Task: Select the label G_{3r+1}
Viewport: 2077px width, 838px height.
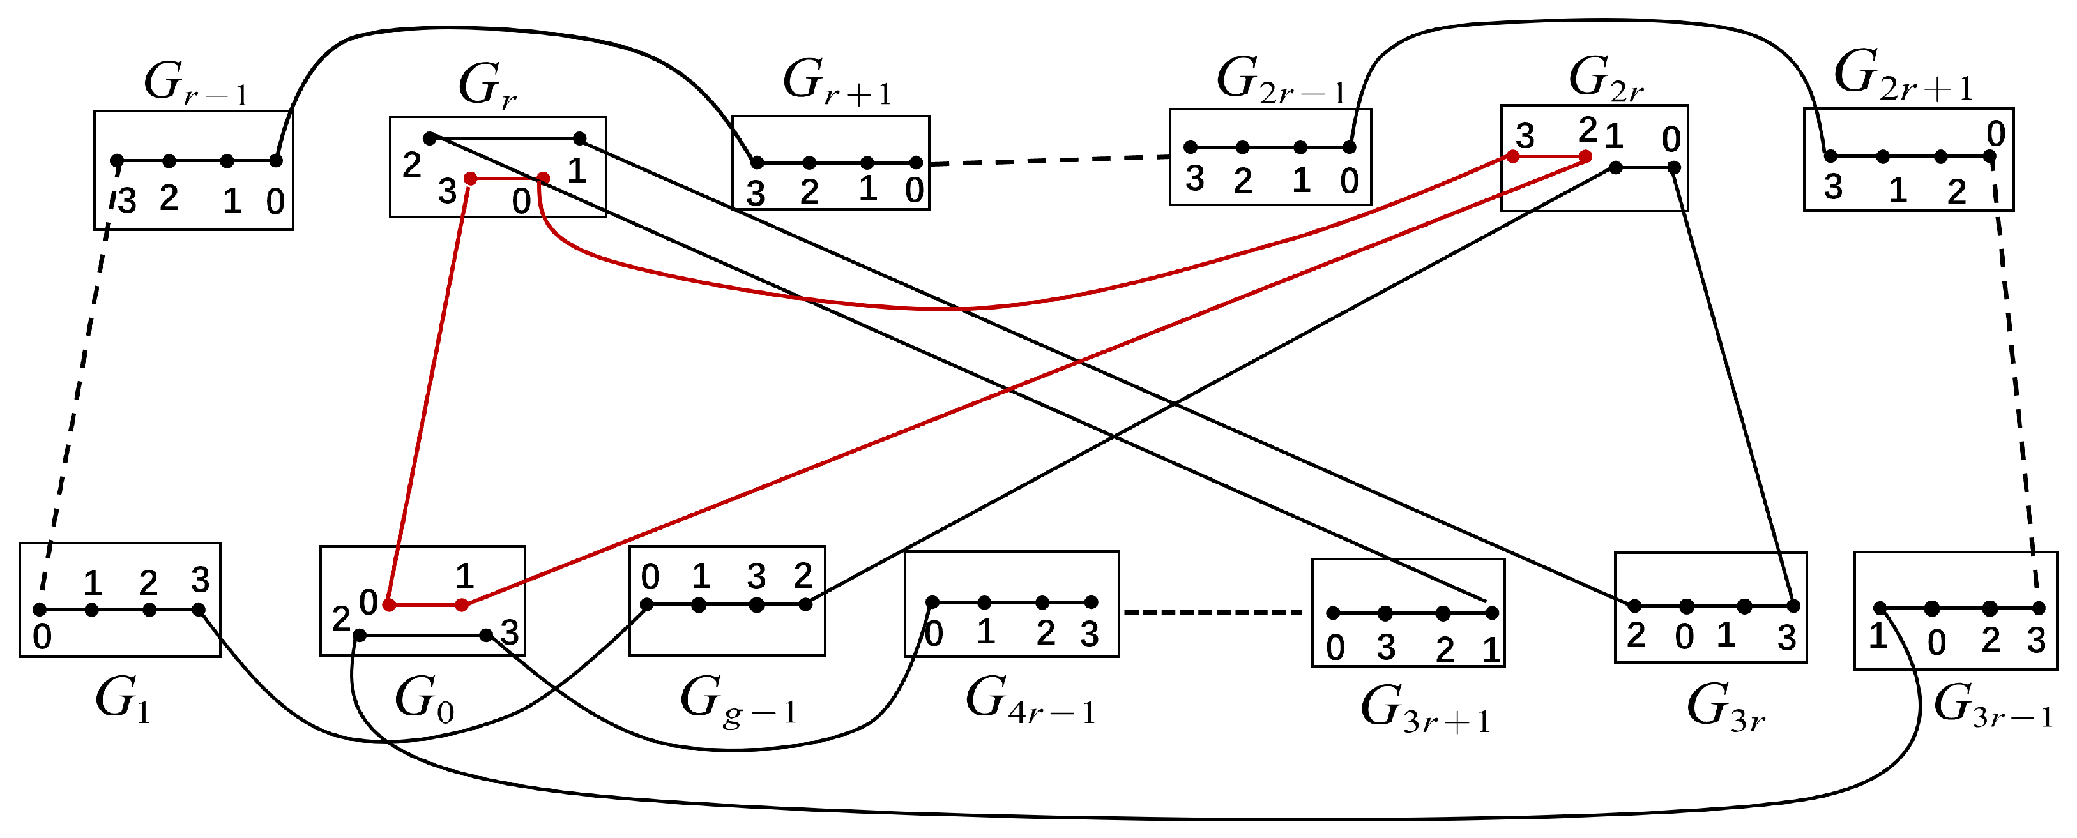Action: click(1425, 709)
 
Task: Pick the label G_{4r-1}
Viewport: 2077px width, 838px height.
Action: click(1030, 700)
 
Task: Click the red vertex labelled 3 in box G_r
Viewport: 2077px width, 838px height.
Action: click(470, 178)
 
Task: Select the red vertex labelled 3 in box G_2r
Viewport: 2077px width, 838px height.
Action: click(1512, 156)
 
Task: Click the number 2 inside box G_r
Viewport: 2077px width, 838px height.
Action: click(411, 165)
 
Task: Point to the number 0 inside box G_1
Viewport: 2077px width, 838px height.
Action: click(42, 636)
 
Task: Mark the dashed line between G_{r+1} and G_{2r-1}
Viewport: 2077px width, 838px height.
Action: click(1049, 160)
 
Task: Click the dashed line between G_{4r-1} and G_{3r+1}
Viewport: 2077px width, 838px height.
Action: click(1213, 613)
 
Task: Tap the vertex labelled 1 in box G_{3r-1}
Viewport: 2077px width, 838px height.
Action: click(1880, 608)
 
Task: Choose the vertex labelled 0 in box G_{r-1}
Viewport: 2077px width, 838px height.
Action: click(276, 160)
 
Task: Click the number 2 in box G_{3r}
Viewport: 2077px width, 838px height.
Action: click(1635, 636)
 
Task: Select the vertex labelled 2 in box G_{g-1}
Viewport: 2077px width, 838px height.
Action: click(805, 604)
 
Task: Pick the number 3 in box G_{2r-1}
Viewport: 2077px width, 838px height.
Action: click(1194, 179)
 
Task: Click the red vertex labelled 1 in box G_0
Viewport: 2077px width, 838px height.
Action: click(462, 604)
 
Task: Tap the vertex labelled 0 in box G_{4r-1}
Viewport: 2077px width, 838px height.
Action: click(932, 602)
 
